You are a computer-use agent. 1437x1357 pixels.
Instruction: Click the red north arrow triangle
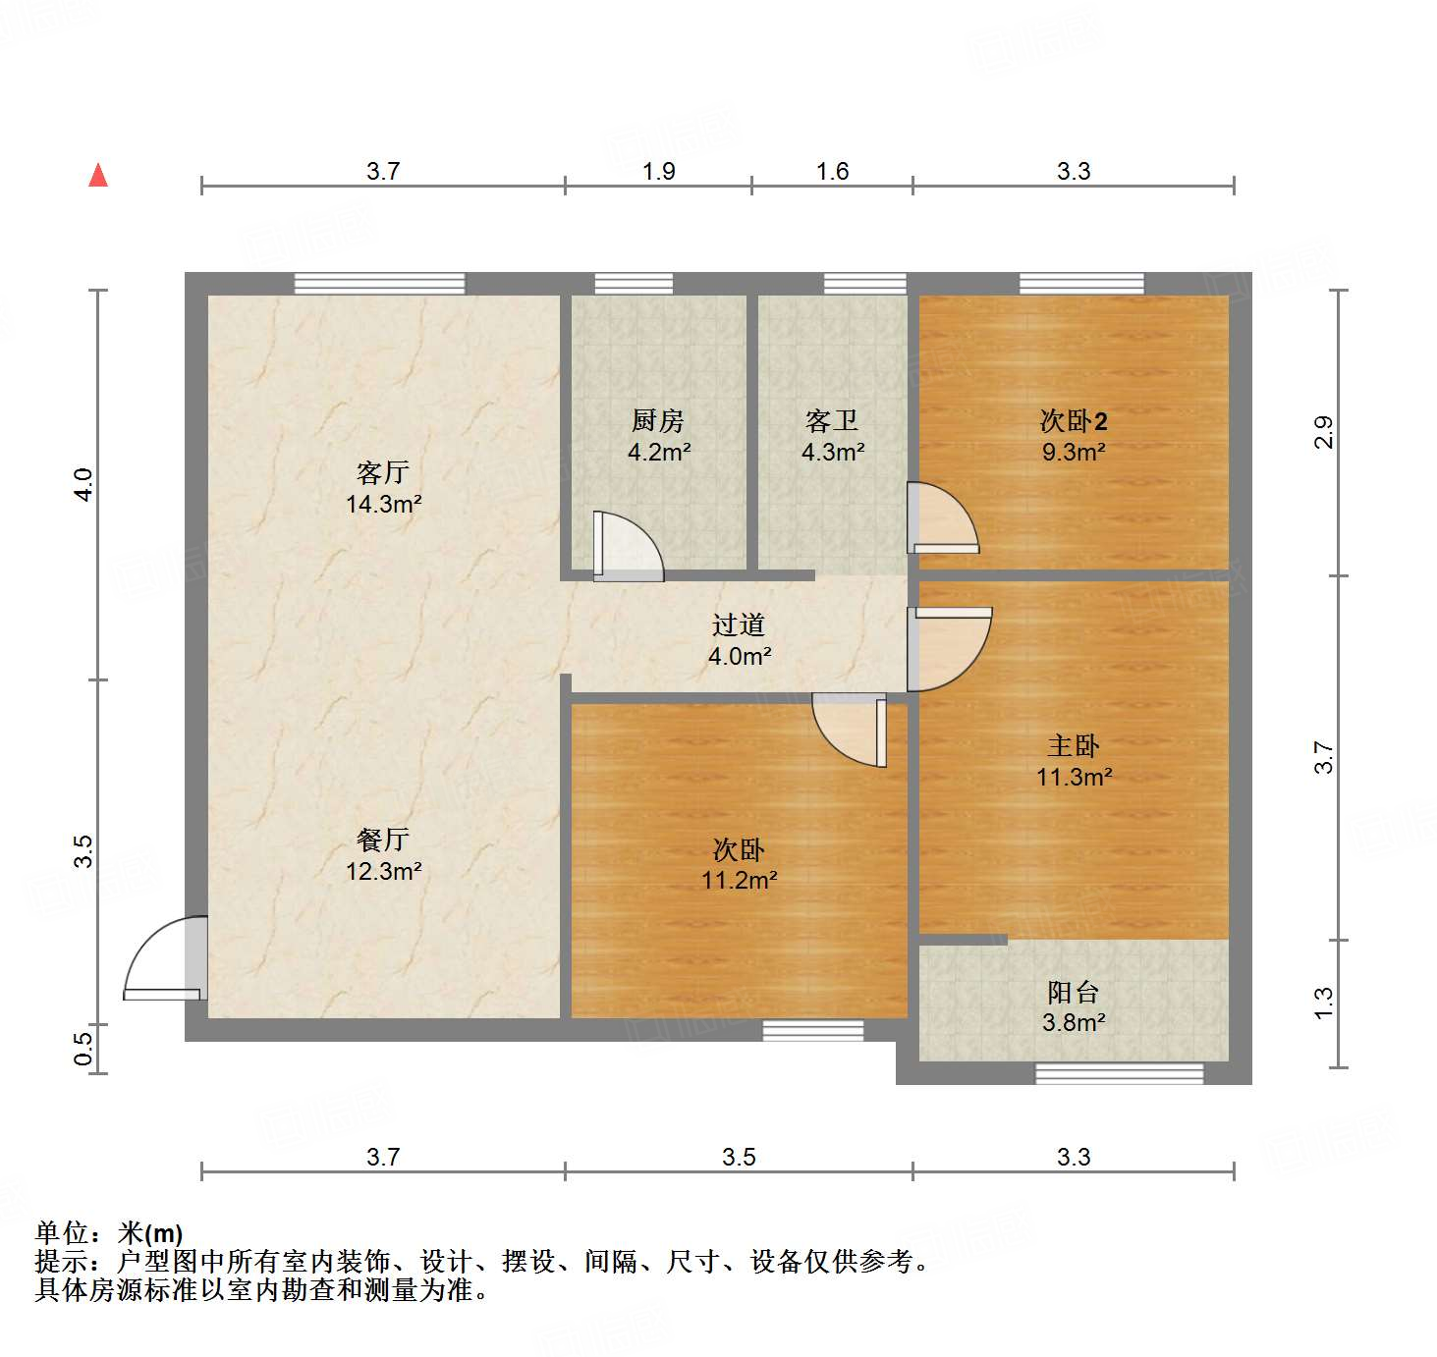click(x=98, y=175)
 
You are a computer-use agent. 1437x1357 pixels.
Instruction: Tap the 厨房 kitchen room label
click(x=658, y=421)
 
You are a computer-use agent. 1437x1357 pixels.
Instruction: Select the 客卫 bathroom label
click(x=832, y=421)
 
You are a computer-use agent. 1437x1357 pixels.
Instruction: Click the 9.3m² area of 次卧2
click(x=1074, y=453)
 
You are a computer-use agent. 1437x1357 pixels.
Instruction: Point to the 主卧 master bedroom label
click(x=1074, y=746)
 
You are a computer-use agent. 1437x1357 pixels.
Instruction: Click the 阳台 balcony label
click(x=1073, y=993)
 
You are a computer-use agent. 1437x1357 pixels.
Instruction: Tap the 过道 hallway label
click(x=739, y=625)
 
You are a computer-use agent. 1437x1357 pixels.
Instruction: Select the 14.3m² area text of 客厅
click(x=383, y=505)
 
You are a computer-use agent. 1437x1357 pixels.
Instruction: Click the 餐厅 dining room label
click(x=383, y=841)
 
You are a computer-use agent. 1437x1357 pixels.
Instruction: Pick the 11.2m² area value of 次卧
click(x=739, y=881)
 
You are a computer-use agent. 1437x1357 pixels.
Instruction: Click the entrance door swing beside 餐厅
click(x=165, y=957)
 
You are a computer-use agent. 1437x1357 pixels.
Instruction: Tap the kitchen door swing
click(x=629, y=546)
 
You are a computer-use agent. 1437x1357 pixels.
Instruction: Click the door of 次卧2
click(x=943, y=517)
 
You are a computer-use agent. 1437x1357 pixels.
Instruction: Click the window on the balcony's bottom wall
click(x=1120, y=1073)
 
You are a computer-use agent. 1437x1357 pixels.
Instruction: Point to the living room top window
click(x=379, y=284)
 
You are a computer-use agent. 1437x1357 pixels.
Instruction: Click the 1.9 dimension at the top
click(x=659, y=172)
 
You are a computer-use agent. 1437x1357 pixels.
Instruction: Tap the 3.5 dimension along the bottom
click(x=739, y=1158)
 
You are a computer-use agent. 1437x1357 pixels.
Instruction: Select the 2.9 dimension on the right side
click(x=1324, y=433)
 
